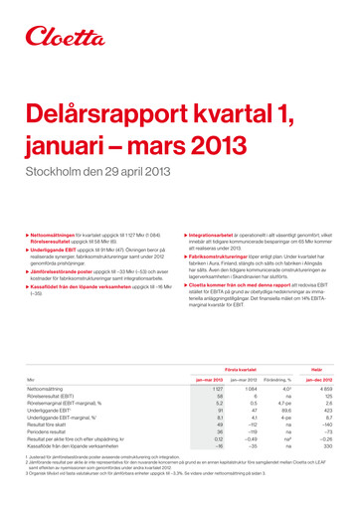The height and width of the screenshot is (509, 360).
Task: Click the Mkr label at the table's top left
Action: tap(30, 379)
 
